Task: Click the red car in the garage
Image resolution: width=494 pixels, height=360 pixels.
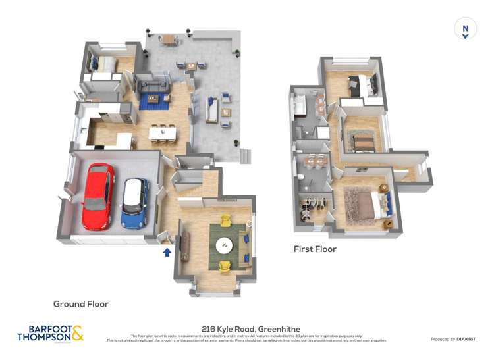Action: (97, 195)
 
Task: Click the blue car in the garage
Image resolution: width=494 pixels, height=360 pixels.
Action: (134, 203)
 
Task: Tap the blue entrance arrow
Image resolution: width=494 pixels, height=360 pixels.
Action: (167, 251)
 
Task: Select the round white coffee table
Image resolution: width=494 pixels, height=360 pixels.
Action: (225, 245)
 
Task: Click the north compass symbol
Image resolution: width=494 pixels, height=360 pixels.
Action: (465, 29)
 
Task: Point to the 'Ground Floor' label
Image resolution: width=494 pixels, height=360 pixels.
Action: (81, 304)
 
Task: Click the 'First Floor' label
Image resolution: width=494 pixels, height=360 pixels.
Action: (315, 249)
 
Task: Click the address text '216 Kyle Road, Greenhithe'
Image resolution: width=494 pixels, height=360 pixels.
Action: (247, 327)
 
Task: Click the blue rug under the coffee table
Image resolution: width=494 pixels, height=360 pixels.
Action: (154, 101)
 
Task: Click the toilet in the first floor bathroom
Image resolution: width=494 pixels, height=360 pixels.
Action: (300, 178)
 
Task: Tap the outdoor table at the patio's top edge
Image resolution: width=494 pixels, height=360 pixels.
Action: (169, 39)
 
